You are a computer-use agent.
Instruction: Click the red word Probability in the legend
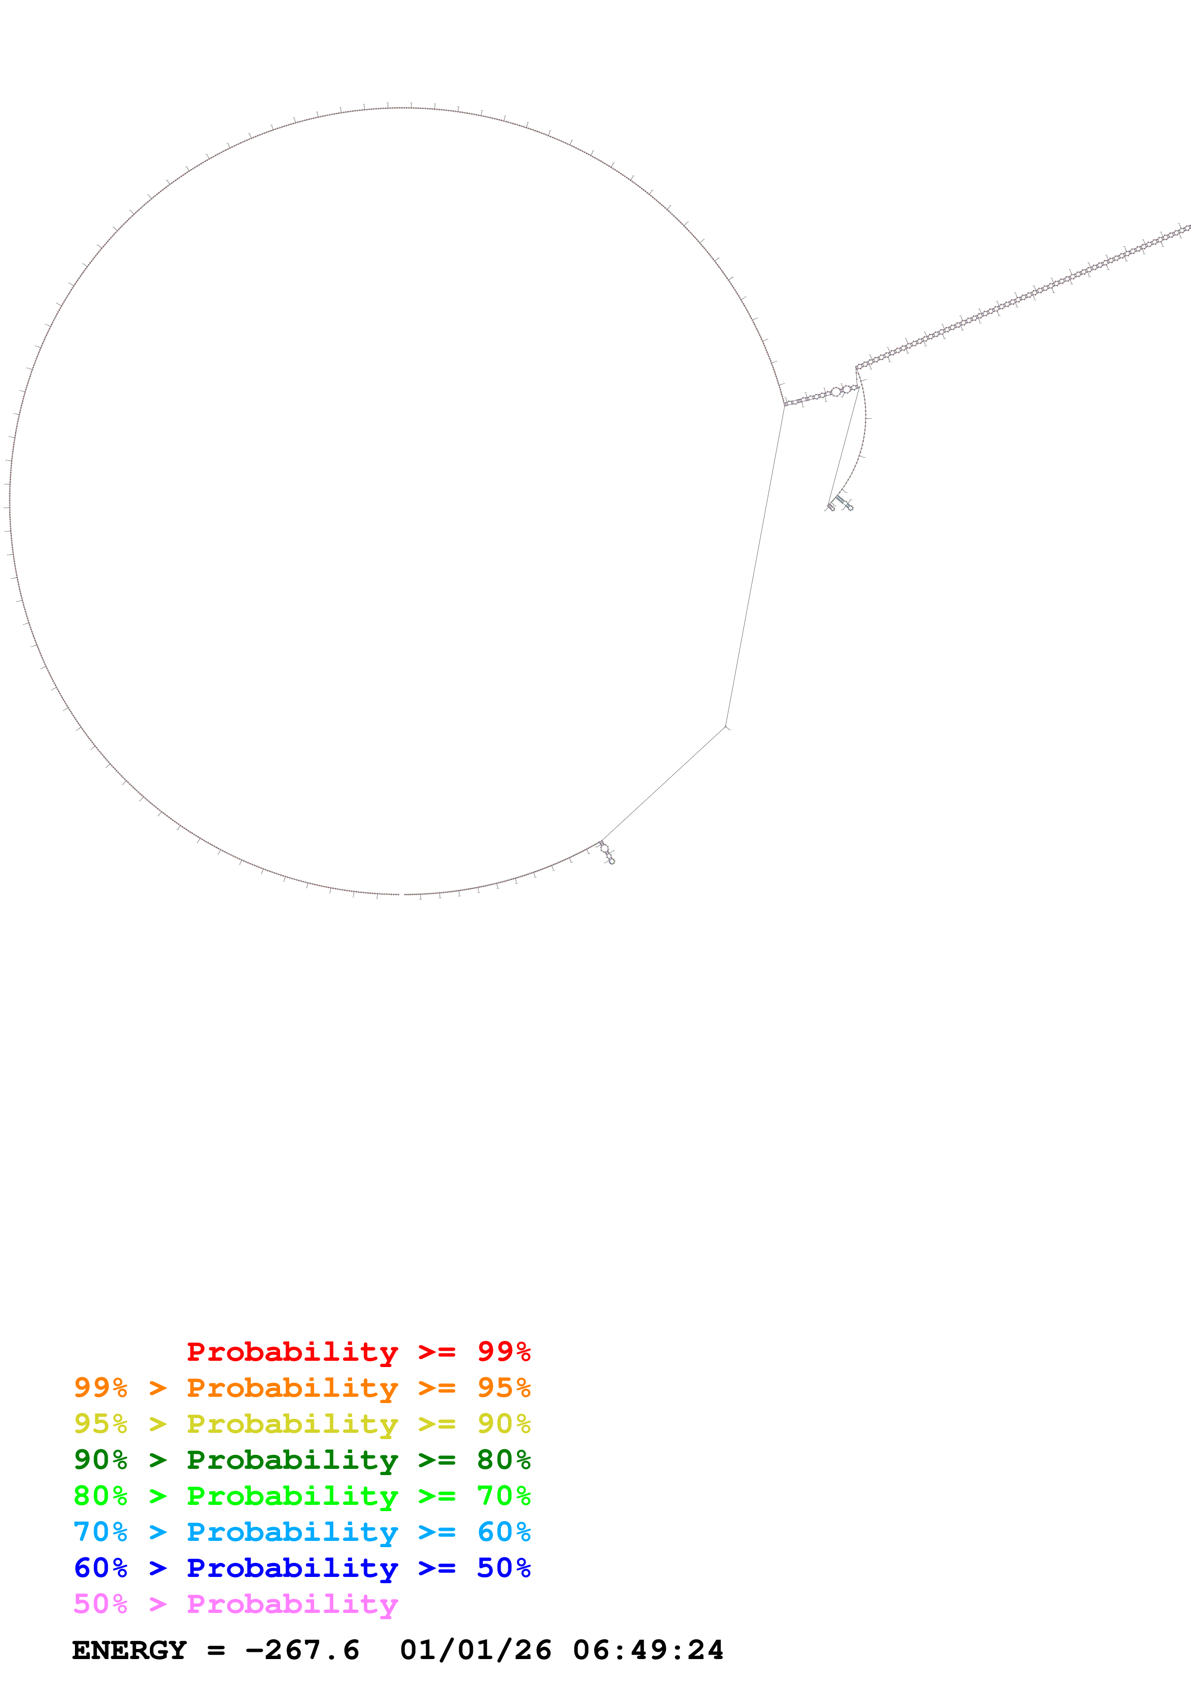click(292, 1352)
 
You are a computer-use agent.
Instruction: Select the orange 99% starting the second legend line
click(100, 1388)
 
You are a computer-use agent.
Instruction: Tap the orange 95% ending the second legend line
click(503, 1388)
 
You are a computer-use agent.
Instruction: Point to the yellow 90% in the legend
click(503, 1424)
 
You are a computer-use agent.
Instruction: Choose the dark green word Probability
click(292, 1460)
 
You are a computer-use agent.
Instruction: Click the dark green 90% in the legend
click(100, 1460)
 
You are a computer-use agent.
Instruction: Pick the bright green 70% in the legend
click(503, 1496)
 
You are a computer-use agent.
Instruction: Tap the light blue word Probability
click(292, 1532)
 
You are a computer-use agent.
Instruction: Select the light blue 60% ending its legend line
click(503, 1532)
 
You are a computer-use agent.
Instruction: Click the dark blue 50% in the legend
click(503, 1568)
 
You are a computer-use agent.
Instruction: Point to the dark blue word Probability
click(292, 1568)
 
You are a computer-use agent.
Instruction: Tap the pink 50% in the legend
click(100, 1603)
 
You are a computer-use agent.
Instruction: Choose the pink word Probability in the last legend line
click(292, 1603)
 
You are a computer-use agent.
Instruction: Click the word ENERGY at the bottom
click(129, 1650)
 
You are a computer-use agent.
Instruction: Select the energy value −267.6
click(302, 1650)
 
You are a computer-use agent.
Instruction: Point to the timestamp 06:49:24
click(648, 1650)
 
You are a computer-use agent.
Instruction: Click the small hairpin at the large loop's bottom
click(607, 852)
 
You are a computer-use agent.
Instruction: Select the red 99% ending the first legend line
click(503, 1352)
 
